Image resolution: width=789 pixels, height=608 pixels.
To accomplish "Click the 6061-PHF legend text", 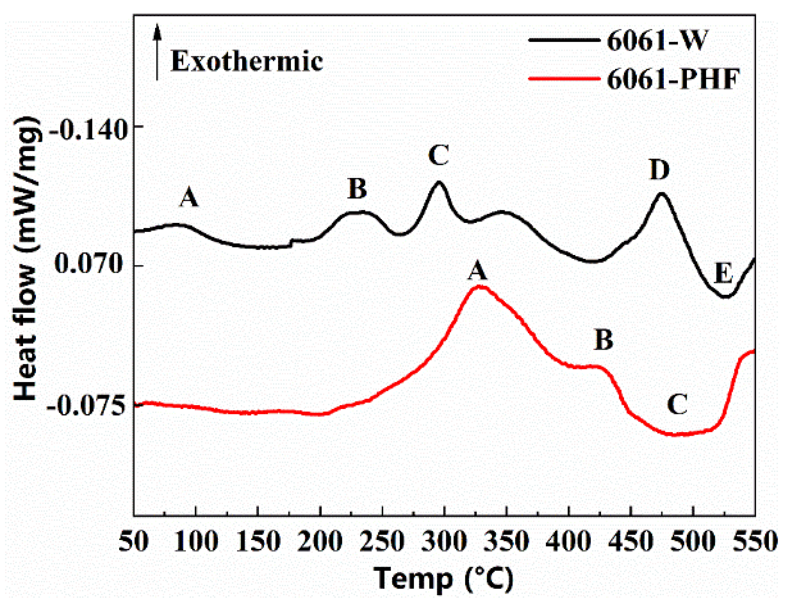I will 673,79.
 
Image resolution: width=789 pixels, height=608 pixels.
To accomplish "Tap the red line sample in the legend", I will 564,79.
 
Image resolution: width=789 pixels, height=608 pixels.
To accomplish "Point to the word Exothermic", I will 247,61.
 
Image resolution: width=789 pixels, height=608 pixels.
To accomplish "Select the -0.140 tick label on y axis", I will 87,131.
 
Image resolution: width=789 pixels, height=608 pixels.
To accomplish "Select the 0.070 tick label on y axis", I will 89,263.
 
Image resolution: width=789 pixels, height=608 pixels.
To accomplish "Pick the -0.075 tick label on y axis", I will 86,406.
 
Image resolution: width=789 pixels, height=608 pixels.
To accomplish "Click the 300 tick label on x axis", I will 444,541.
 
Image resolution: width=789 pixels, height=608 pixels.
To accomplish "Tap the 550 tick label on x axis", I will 755,541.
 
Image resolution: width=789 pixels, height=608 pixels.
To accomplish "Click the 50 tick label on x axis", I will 134,541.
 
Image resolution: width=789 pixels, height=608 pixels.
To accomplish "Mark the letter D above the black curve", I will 659,169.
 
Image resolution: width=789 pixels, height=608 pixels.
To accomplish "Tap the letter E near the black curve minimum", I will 723,273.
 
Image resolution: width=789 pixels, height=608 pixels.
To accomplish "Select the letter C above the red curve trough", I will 677,404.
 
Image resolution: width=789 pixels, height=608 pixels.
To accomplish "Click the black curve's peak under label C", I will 439,182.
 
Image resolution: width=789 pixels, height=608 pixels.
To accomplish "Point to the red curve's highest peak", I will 480,286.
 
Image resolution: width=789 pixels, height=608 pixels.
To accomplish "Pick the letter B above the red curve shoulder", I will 604,339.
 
